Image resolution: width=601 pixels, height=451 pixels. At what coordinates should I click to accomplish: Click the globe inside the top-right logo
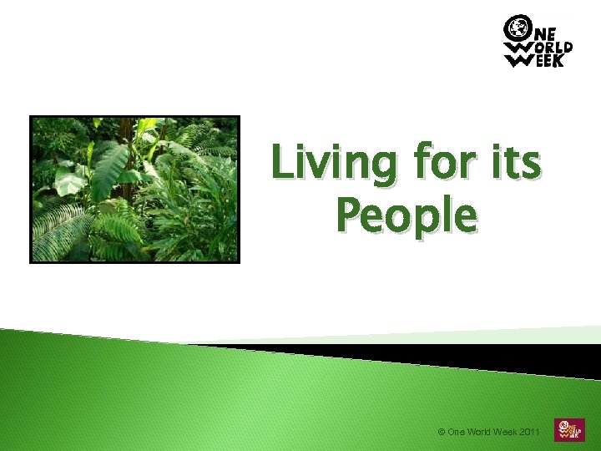tap(517, 28)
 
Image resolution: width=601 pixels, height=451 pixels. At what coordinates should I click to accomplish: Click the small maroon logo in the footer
tap(570, 429)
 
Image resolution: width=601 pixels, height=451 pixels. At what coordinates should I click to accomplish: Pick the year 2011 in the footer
tap(529, 432)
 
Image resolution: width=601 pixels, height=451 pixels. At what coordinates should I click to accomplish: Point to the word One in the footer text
tap(456, 432)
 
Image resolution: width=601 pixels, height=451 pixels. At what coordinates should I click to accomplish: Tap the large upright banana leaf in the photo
tap(109, 171)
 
